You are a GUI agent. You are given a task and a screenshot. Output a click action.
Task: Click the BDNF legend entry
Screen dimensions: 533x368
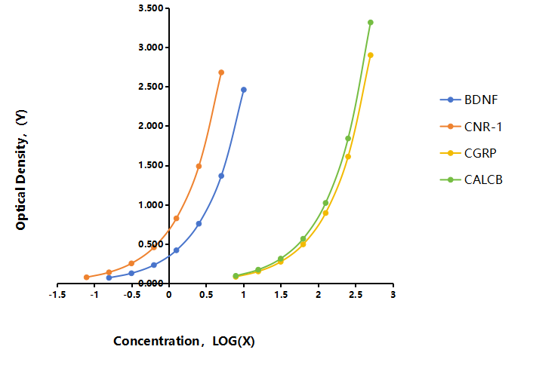tap(469, 100)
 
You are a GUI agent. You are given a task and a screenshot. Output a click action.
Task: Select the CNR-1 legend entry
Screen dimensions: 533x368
tap(471, 127)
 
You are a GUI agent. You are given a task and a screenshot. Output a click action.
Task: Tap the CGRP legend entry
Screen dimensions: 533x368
tap(468, 153)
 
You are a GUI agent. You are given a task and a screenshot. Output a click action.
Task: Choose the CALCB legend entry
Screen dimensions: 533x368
tap(471, 179)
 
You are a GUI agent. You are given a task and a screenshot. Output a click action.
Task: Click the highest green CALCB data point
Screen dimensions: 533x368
tap(371, 23)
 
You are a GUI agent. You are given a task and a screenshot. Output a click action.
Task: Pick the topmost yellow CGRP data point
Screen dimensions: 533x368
tap(371, 55)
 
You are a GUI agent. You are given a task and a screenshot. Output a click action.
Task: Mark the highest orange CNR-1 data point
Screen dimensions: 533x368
tap(221, 72)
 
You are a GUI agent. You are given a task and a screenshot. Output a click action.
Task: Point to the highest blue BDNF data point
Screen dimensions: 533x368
tap(244, 90)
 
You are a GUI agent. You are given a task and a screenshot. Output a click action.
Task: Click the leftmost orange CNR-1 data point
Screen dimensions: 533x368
tap(87, 277)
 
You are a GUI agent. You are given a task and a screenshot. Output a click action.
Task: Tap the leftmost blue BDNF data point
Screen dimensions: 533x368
tap(109, 278)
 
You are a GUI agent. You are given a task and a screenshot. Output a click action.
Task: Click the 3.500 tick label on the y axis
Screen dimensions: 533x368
tap(151, 8)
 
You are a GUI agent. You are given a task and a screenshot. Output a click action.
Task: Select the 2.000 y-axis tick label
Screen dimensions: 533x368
tap(151, 126)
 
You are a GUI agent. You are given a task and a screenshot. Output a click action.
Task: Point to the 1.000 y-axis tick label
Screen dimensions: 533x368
tap(151, 205)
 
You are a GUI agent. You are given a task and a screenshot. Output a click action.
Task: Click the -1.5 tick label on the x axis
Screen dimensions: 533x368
tap(57, 295)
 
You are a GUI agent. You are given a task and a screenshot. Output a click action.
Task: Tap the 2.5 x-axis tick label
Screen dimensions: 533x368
tap(356, 295)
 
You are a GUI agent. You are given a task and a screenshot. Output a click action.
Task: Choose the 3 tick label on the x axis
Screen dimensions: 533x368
tap(393, 295)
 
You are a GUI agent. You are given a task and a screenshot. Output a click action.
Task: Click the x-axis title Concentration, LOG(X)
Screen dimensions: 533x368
tap(184, 341)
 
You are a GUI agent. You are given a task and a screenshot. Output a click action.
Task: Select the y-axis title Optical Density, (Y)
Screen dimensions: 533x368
tap(20, 170)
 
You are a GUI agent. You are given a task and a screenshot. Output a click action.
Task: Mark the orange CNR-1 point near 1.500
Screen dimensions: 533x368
tap(199, 166)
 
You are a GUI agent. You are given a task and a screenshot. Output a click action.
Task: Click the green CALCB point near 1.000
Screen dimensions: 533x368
tap(325, 203)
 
